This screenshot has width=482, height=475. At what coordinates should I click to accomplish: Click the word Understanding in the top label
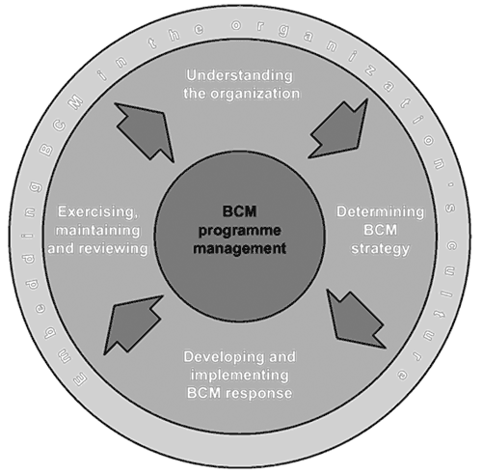[240, 76]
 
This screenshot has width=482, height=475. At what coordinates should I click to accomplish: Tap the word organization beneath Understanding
[255, 94]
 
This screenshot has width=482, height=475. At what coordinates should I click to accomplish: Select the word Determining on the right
[380, 212]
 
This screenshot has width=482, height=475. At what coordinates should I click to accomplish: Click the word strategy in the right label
[380, 249]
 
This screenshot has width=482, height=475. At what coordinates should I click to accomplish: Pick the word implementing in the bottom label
[240, 376]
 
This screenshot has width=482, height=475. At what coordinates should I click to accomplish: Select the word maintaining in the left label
[98, 231]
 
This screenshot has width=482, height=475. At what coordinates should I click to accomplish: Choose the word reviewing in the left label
[114, 249]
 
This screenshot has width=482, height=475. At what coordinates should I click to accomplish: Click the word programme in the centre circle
[240, 232]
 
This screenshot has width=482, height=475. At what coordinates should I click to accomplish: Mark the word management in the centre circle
[240, 249]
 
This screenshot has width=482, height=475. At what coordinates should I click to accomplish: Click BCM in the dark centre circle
[240, 212]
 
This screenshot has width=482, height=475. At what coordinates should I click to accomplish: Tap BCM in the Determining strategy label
[381, 231]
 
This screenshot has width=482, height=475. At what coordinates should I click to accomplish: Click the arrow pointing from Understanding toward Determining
[338, 128]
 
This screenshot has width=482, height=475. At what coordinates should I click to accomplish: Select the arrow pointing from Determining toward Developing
[356, 319]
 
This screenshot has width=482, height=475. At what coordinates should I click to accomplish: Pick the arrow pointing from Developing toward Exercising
[133, 325]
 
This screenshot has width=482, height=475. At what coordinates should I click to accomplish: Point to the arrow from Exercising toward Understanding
[145, 132]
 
